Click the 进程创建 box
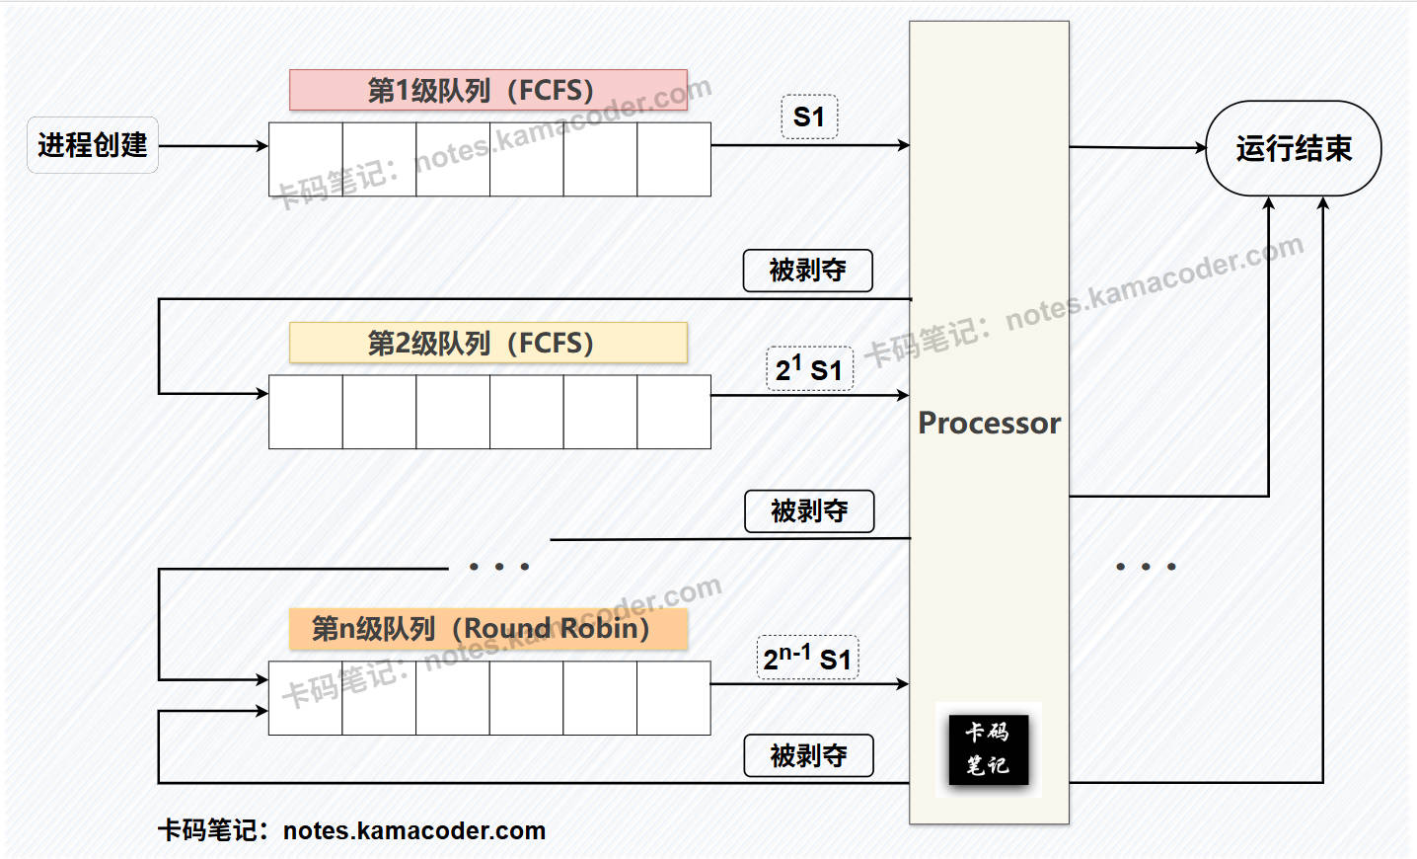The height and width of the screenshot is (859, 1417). coord(92,145)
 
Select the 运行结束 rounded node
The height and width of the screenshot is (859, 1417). coord(1293,148)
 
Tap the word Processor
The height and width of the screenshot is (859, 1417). coord(989,423)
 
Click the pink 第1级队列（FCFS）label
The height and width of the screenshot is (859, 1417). coord(487,90)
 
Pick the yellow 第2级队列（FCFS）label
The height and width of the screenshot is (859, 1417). coord(487,343)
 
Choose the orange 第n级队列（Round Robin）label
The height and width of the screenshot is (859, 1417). coord(487,629)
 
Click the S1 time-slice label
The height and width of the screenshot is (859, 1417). coord(808,117)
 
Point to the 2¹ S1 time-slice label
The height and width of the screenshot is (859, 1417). coord(808,369)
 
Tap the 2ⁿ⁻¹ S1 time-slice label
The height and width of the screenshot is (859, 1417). coord(807,658)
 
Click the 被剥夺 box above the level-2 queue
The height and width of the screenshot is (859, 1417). coord(807,270)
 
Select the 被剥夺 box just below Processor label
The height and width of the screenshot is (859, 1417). coord(808,511)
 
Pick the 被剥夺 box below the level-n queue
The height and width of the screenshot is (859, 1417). coord(808,755)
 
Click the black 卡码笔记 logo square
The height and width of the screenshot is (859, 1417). coord(988,749)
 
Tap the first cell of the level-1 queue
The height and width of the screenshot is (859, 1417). coord(306,159)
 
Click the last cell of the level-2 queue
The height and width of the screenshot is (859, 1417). coord(674,412)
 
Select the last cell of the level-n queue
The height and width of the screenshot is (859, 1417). coord(674,698)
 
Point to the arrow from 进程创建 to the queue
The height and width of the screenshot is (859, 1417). coord(213,146)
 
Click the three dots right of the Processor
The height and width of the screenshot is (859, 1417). coord(1146,567)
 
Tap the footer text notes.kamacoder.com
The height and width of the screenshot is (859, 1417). coord(414,831)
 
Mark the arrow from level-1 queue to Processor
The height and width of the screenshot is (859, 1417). coord(809,145)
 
